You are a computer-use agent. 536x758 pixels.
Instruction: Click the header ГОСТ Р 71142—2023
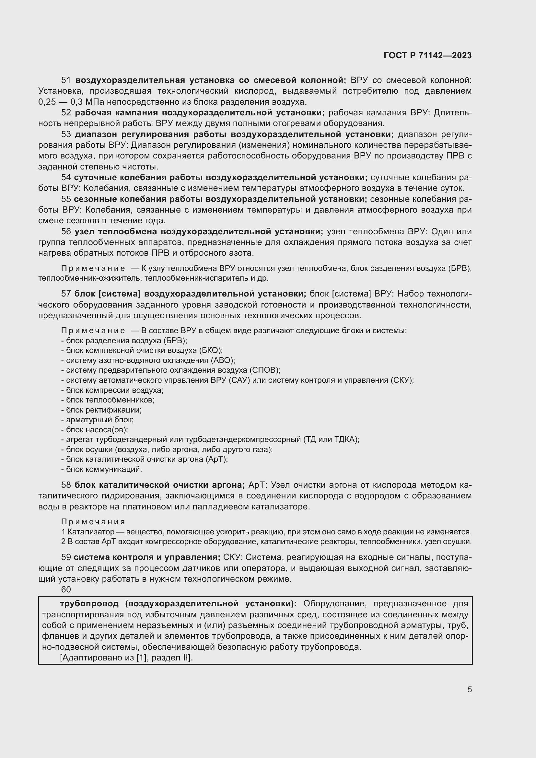pyautogui.click(x=427, y=55)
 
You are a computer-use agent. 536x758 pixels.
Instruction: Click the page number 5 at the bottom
pyautogui.click(x=469, y=689)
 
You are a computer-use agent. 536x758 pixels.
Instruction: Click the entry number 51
pyautogui.click(x=66, y=80)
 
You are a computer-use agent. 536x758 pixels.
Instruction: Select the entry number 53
pyautogui.click(x=66, y=134)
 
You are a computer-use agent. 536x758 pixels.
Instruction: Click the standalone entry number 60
pyautogui.click(x=66, y=589)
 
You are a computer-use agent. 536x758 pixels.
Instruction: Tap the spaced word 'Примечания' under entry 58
pyautogui.click(x=93, y=522)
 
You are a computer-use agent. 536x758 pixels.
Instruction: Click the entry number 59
pyautogui.click(x=66, y=557)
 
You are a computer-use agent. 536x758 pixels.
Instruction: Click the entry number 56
pyautogui.click(x=66, y=231)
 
